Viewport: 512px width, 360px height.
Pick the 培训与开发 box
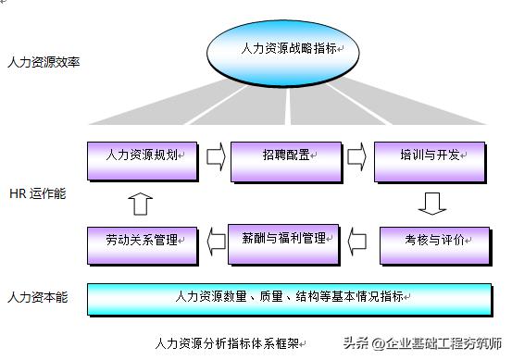coord(430,159)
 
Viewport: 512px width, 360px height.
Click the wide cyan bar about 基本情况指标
coord(288,299)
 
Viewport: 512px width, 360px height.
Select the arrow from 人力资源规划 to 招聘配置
coord(214,158)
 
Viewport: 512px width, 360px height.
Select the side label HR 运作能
coord(37,194)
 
